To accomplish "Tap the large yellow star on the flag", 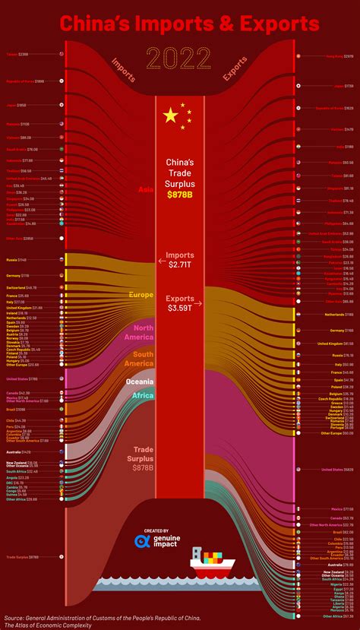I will [x=171, y=116].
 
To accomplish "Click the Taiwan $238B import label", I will [x=17, y=55].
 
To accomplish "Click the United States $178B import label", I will [x=22, y=378].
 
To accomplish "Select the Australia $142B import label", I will [x=21, y=451].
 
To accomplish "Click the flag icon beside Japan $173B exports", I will [x=298, y=86].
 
